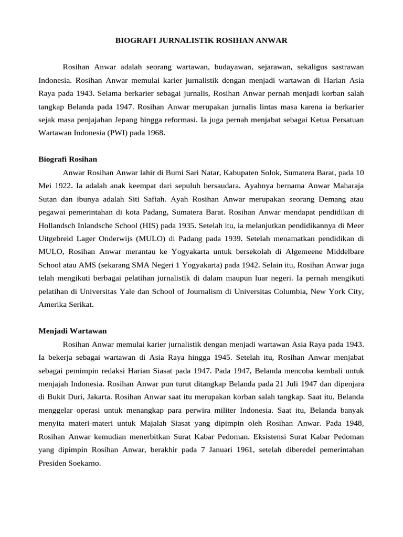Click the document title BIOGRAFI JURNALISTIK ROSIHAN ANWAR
tap(201, 40)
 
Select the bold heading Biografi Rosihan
tap(68, 159)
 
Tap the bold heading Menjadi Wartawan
tap(73, 331)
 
